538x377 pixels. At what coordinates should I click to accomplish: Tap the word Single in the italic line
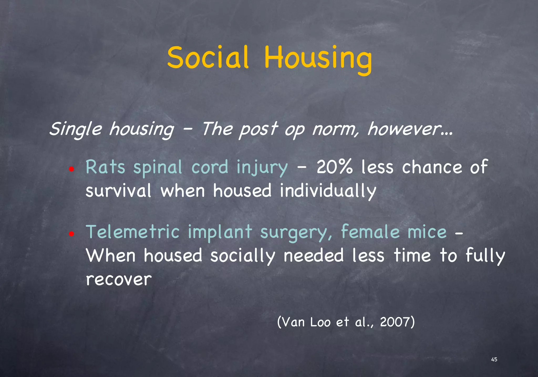pos(75,129)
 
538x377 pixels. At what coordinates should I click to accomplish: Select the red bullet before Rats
pos(71,169)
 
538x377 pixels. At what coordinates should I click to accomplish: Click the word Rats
pos(105,167)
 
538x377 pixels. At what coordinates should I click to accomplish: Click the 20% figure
pos(334,167)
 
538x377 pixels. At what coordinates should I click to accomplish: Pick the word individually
pos(328,191)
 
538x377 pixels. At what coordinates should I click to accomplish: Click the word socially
pos(243,256)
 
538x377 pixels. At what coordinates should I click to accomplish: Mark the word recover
pos(119,279)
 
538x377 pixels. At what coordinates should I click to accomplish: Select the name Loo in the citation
pos(320,322)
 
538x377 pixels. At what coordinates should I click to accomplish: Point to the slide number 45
pos(494,359)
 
